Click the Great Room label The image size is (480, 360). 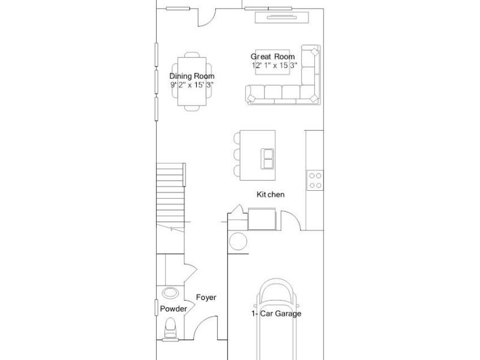272,56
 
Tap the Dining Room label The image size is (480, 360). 192,76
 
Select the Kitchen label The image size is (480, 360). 271,194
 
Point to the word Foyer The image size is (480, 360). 206,298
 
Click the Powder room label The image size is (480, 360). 173,308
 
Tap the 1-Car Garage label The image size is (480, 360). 276,313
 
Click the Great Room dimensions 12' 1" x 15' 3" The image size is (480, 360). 274,65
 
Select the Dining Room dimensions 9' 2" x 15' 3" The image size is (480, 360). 192,85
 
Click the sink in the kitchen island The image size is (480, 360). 267,158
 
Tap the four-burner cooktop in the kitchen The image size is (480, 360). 315,181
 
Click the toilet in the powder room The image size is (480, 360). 170,329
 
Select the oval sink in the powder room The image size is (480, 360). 170,293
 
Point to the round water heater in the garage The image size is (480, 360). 238,241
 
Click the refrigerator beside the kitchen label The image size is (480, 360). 262,218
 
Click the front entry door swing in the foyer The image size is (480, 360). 206,327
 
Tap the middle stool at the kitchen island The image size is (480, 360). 237,154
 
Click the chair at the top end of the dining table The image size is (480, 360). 192,55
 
